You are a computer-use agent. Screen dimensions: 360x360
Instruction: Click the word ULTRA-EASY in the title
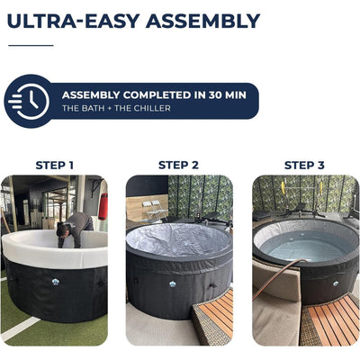pyautogui.click(x=73, y=21)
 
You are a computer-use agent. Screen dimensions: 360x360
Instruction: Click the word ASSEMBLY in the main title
pyautogui.click(x=204, y=21)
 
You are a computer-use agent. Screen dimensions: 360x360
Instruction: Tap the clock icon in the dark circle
pyautogui.click(x=29, y=102)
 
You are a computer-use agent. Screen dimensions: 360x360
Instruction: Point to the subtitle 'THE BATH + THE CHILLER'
pyautogui.click(x=116, y=108)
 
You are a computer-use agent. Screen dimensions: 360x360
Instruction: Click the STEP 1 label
pyautogui.click(x=54, y=166)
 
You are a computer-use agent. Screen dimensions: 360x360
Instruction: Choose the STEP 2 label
pyautogui.click(x=178, y=165)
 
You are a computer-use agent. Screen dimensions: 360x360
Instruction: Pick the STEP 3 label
pyautogui.click(x=304, y=165)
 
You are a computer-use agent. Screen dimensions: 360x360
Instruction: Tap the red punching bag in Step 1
pyautogui.click(x=103, y=206)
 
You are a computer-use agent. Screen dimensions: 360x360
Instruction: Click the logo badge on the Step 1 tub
pyautogui.click(x=56, y=282)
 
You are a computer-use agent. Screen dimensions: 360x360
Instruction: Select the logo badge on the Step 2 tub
pyautogui.click(x=173, y=283)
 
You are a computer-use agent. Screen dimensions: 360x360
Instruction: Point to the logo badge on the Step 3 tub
pyautogui.click(x=336, y=283)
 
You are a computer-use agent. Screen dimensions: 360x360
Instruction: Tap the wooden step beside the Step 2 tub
pyautogui.click(x=213, y=315)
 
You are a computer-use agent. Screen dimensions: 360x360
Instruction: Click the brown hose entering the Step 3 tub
pyautogui.click(x=276, y=277)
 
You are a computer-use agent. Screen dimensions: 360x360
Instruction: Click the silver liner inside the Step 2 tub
pyautogui.click(x=177, y=240)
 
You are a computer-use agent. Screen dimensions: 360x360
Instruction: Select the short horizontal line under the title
pyautogui.click(x=31, y=45)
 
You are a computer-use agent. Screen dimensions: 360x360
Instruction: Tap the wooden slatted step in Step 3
pyautogui.click(x=331, y=321)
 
